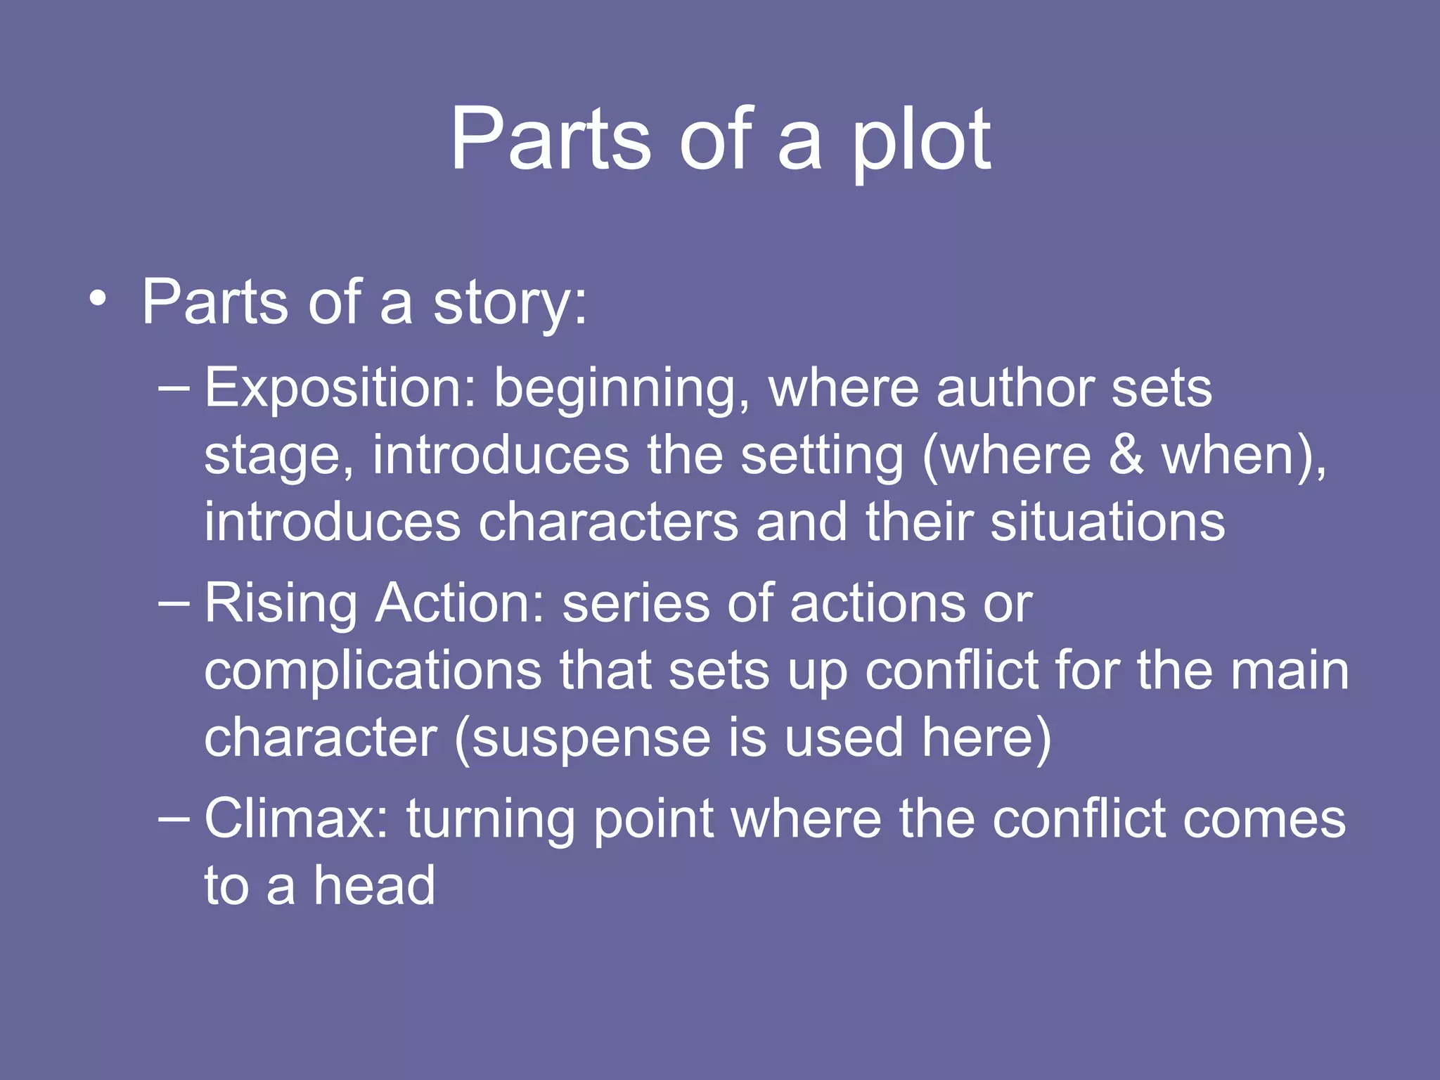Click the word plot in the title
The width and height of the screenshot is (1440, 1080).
pos(921,141)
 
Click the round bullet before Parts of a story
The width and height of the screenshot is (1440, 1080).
pos(98,302)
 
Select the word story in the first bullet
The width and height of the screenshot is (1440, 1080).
pos(509,304)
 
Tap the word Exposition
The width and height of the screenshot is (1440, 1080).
pos(340,388)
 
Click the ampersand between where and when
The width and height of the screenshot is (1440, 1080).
pos(1126,456)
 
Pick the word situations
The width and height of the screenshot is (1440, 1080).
pos(1107,522)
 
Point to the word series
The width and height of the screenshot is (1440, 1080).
pos(636,603)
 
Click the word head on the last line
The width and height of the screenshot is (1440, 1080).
pos(374,885)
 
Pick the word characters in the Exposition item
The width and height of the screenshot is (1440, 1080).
pos(608,522)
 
